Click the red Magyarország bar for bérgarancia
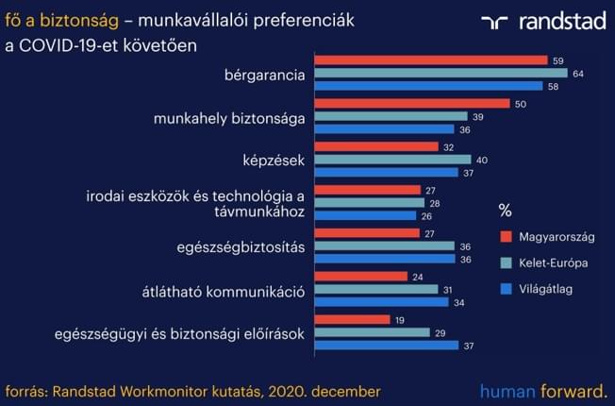tap(431, 60)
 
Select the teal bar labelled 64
tap(441, 73)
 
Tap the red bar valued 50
tap(412, 103)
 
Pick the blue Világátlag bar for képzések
tap(387, 173)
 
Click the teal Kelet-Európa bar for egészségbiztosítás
tap(385, 245)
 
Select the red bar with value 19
tap(352, 319)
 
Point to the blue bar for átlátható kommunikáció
tap(382, 302)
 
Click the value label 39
tap(478, 117)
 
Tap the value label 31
tap(447, 290)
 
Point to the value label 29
tap(440, 333)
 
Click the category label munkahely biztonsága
tap(229, 119)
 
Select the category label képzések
tap(274, 161)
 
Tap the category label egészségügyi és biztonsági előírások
tap(179, 334)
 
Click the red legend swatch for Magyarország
tap(506, 237)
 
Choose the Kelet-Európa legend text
tap(554, 263)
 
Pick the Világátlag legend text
tap(545, 289)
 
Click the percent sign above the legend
tap(506, 211)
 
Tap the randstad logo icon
tap(494, 23)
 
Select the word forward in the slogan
tap(573, 392)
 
